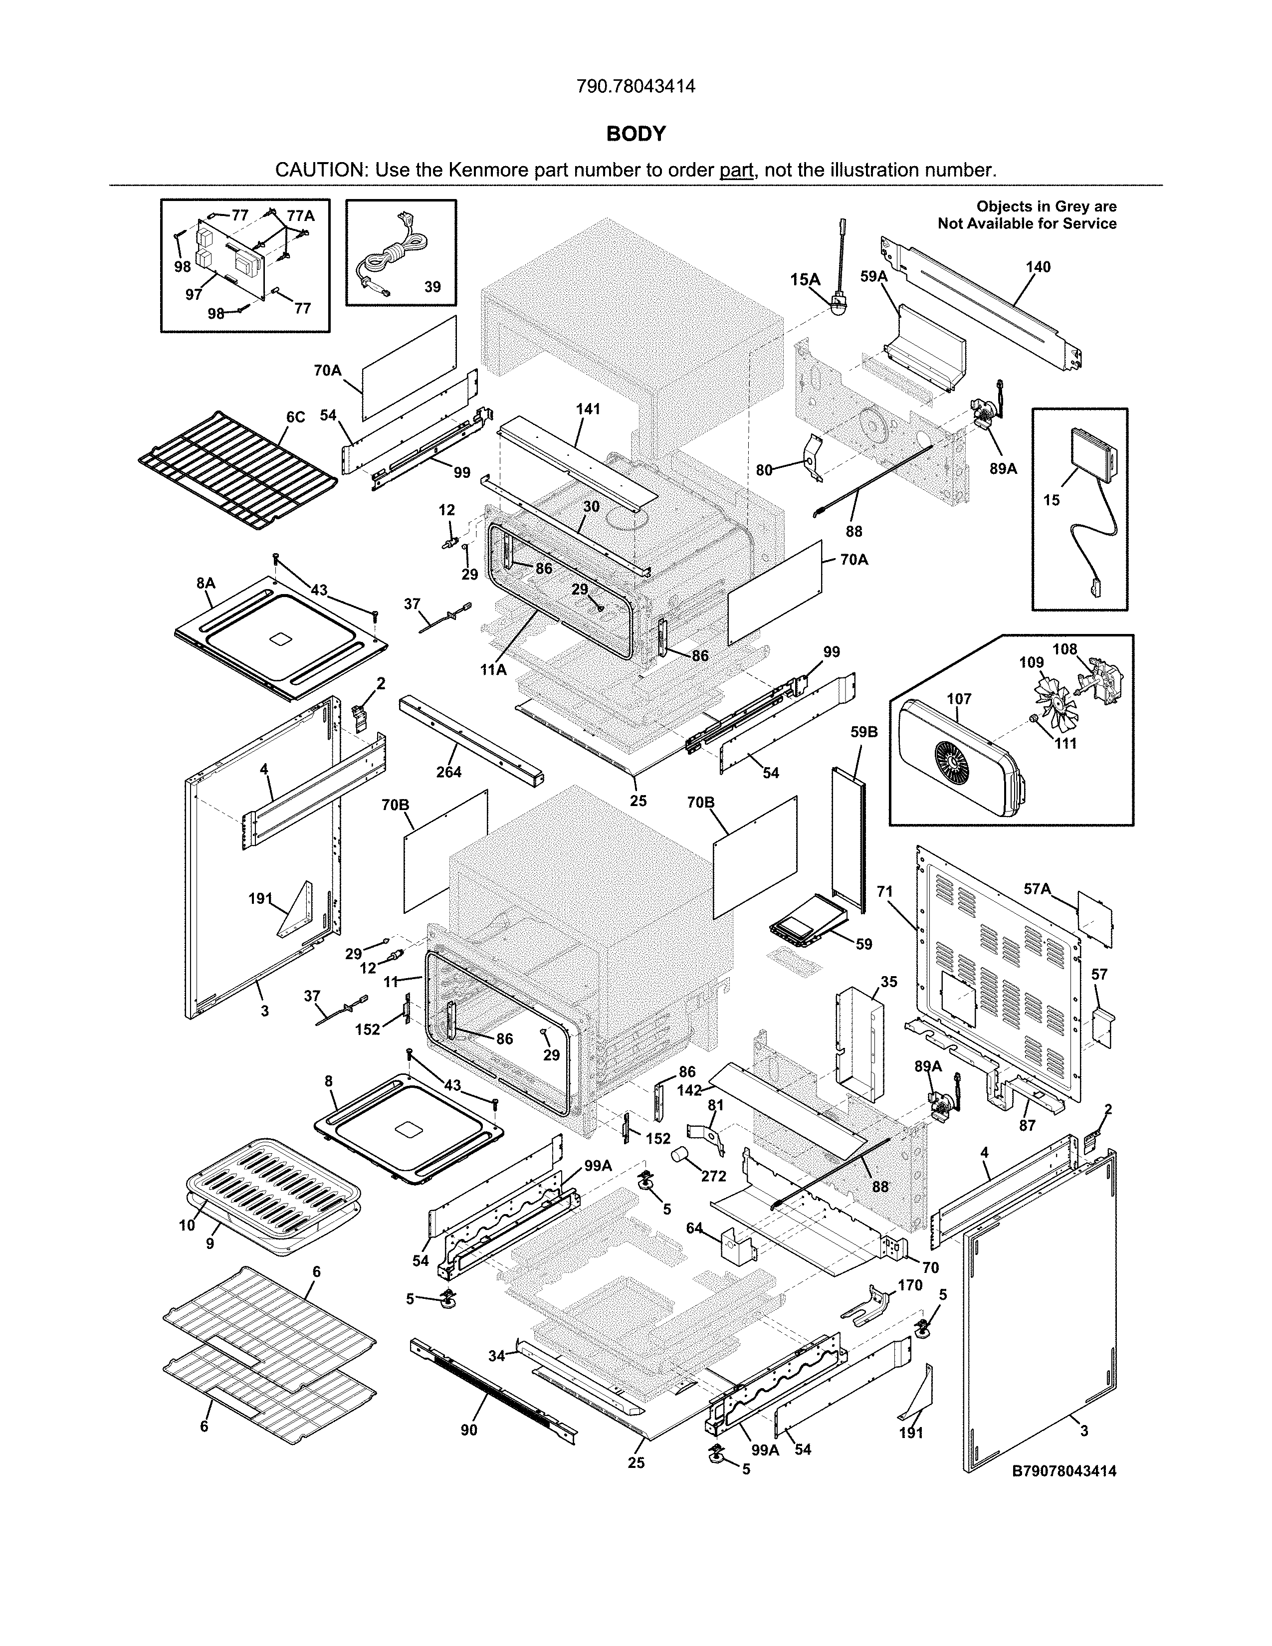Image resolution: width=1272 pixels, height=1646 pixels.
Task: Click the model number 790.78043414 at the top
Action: pos(635,87)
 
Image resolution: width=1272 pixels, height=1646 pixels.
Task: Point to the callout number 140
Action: pos(1038,267)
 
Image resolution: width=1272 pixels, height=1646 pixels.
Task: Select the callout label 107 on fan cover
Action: pos(959,699)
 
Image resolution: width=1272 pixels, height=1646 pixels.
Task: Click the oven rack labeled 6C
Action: pos(237,471)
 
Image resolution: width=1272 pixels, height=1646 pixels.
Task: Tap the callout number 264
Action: pos(449,772)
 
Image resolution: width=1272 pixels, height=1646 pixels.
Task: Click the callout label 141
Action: pos(588,409)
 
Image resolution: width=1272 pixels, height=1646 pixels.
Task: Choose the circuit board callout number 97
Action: pos(194,294)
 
